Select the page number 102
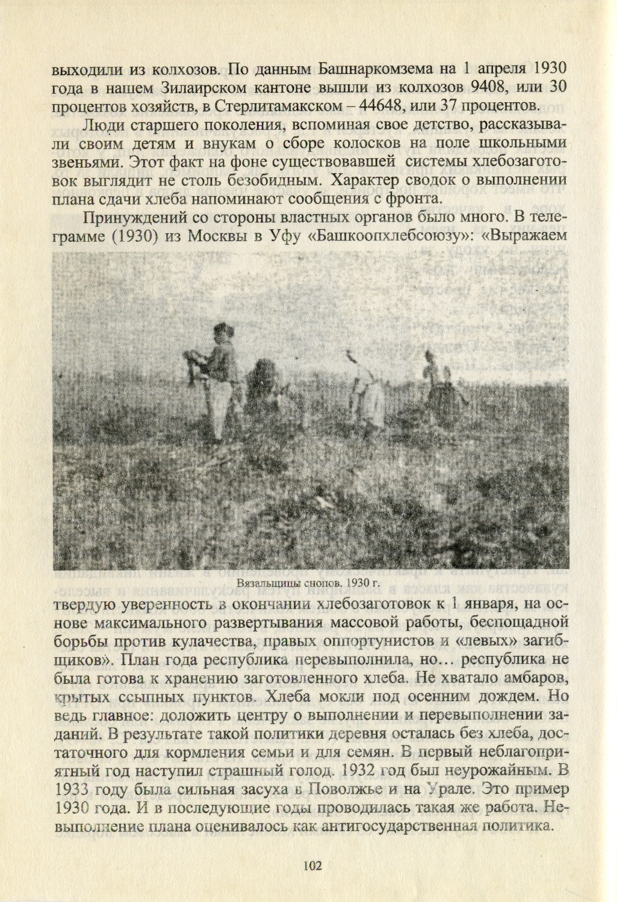coord(313,866)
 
